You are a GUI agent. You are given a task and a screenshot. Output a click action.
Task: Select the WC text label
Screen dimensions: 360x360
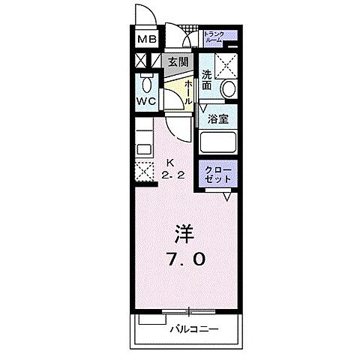click(145, 101)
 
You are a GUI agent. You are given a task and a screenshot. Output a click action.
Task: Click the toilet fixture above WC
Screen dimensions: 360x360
click(145, 80)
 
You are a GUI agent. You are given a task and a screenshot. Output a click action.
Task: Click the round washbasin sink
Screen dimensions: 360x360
click(228, 89)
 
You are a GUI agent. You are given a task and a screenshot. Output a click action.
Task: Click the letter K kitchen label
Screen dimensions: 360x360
click(170, 162)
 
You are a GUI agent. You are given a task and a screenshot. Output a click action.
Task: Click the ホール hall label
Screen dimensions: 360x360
click(190, 91)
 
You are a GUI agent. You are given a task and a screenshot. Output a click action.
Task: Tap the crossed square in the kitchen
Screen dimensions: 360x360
click(143, 171)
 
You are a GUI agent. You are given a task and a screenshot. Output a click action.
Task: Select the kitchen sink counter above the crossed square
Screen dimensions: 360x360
click(143, 142)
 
